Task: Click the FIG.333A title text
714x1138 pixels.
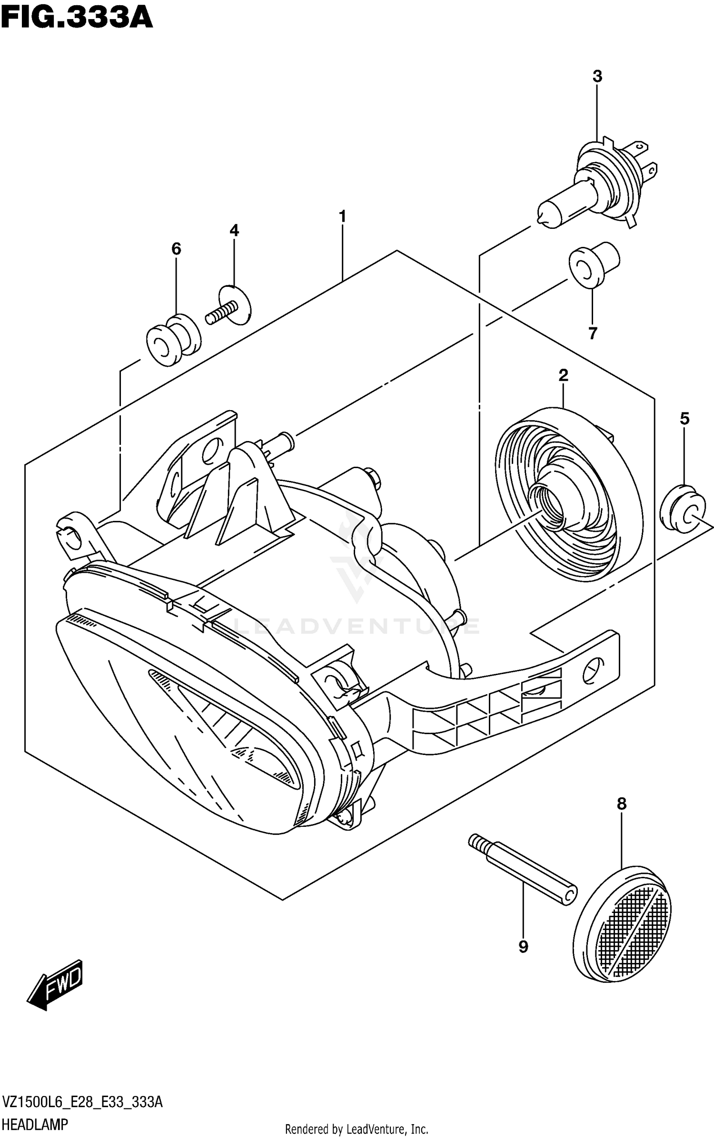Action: pyautogui.click(x=76, y=18)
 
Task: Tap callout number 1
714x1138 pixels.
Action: pyautogui.click(x=342, y=217)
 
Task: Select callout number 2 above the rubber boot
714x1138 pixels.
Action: pyautogui.click(x=563, y=376)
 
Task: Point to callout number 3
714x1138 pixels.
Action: pyautogui.click(x=597, y=77)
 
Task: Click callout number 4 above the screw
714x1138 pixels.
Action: pyautogui.click(x=234, y=231)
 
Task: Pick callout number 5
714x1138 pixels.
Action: pyautogui.click(x=684, y=419)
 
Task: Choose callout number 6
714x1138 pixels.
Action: pyautogui.click(x=176, y=248)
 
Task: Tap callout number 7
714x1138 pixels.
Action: pyautogui.click(x=593, y=334)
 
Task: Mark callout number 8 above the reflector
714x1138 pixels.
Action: pyautogui.click(x=621, y=804)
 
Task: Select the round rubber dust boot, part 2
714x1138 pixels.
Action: pyautogui.click(x=569, y=495)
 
